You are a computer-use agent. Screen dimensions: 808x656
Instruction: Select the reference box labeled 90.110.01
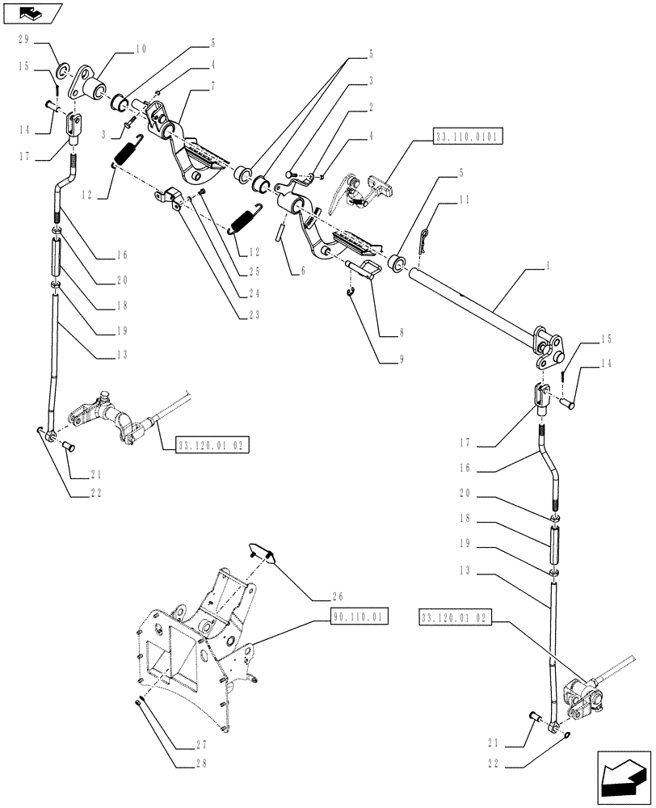pos(359,618)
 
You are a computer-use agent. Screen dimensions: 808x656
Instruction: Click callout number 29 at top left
pos(24,39)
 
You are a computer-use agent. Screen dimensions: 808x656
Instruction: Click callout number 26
pos(338,597)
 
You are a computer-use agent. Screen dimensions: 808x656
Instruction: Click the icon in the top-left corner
pos(30,12)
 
